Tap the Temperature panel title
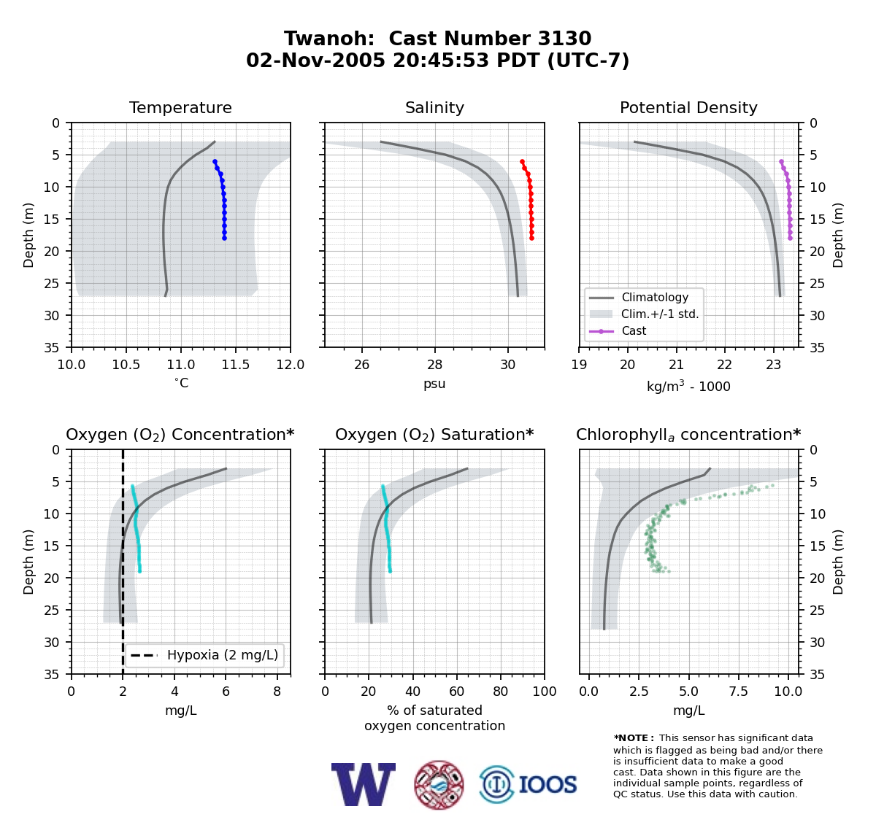click(180, 107)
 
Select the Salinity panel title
click(434, 107)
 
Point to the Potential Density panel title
click(688, 107)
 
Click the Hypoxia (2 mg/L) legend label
click(223, 655)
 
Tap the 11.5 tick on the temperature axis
click(236, 365)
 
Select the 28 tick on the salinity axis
click(435, 365)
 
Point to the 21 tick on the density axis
click(676, 365)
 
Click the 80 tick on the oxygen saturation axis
click(501, 692)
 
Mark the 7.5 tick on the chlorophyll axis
click(738, 692)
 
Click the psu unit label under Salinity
click(434, 384)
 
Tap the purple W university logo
click(364, 784)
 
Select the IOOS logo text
click(547, 784)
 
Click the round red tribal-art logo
click(439, 785)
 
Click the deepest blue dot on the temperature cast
click(225, 238)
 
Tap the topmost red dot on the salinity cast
click(522, 162)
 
